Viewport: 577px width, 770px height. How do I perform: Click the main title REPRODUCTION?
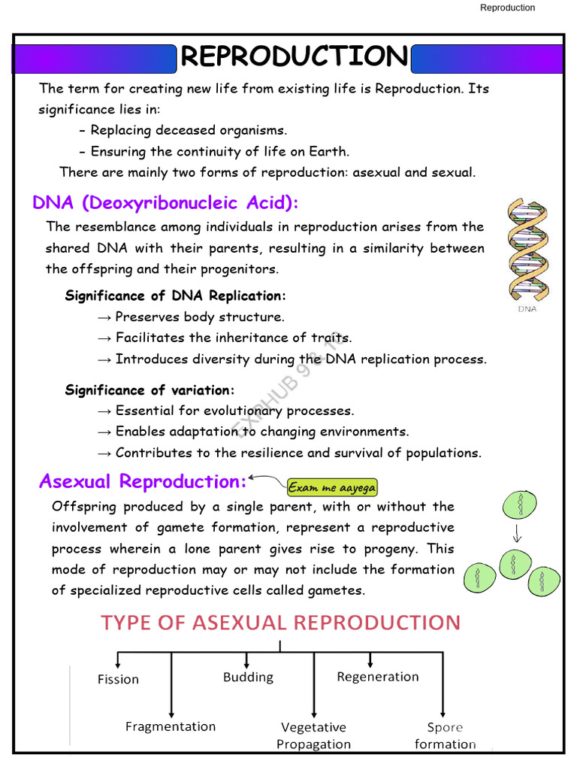[x=294, y=56]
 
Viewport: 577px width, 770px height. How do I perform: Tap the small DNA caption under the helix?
[x=527, y=309]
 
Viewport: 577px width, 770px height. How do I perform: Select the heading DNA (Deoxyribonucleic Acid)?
[x=166, y=203]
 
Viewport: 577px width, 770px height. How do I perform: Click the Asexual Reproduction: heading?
[x=143, y=481]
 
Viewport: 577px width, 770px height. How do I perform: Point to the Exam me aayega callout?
[x=331, y=487]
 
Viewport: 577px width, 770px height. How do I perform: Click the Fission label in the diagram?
[x=118, y=679]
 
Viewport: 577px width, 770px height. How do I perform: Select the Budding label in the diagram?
[x=248, y=677]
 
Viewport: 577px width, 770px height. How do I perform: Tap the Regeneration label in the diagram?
[x=377, y=677]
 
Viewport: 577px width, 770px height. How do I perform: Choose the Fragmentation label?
[x=170, y=726]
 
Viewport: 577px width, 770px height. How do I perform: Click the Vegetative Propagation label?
[x=313, y=735]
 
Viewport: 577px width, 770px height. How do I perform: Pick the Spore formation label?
[x=445, y=735]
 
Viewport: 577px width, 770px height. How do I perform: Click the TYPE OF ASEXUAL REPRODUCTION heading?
[x=280, y=623]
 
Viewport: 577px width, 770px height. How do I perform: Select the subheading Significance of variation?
[x=150, y=390]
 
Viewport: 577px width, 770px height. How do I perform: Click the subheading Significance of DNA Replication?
[x=176, y=296]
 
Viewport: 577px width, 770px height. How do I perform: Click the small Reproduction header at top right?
[x=507, y=8]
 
